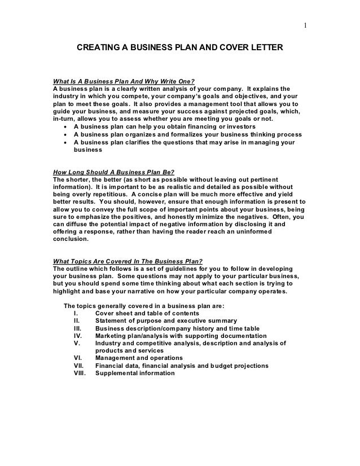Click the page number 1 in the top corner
pos(305,25)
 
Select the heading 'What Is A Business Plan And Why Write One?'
pos(124,81)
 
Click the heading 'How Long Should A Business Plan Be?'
pos(113,172)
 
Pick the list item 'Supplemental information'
pos(135,373)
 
